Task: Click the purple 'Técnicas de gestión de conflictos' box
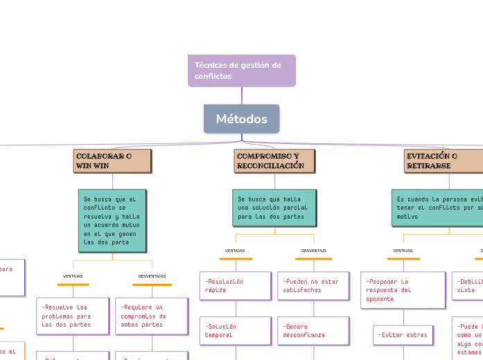pyautogui.click(x=241, y=71)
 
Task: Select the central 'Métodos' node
pyautogui.click(x=241, y=119)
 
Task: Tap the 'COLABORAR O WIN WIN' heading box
pyautogui.click(x=112, y=161)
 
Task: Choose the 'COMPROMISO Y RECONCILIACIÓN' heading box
pyautogui.click(x=274, y=161)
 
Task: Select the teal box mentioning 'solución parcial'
pyautogui.click(x=274, y=208)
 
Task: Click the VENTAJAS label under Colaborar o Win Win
pyautogui.click(x=73, y=276)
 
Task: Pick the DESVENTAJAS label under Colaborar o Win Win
pyautogui.click(x=152, y=276)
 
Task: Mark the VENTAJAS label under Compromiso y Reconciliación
pyautogui.click(x=235, y=251)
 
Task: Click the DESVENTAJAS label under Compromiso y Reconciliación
pyautogui.click(x=313, y=251)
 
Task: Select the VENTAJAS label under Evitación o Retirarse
pyautogui.click(x=403, y=251)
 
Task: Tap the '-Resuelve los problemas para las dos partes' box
pyautogui.click(x=72, y=316)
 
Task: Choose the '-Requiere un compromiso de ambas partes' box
pyautogui.click(x=151, y=316)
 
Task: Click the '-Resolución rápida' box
pyautogui.click(x=235, y=286)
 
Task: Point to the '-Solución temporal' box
pyautogui.click(x=235, y=330)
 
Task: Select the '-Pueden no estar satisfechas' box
pyautogui.click(x=313, y=286)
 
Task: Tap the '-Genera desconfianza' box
pyautogui.click(x=313, y=330)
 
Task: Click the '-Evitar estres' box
pyautogui.click(x=403, y=335)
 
